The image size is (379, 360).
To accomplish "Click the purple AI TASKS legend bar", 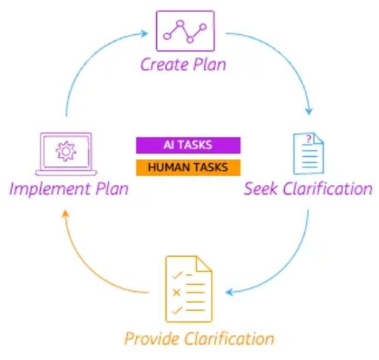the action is click(188, 146).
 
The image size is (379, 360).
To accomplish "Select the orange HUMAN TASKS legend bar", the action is click(188, 167).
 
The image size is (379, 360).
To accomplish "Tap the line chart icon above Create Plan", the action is click(186, 31).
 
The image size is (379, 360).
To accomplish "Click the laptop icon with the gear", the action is click(66, 154).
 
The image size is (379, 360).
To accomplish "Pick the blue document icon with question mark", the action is click(309, 154).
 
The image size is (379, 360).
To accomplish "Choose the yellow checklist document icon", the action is click(189, 289).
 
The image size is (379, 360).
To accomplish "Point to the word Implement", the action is click(50, 189).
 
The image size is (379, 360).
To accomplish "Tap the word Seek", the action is click(261, 189).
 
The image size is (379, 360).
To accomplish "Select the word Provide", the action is click(152, 338).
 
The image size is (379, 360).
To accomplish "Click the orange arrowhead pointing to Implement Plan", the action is click(65, 214).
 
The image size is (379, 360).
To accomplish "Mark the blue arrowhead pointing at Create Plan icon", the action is click(144, 33).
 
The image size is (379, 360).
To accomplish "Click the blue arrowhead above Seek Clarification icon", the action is click(309, 111).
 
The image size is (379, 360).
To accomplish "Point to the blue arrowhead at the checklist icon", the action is click(229, 293).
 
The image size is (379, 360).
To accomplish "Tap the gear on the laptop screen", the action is click(66, 152).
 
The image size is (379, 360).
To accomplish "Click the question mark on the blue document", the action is click(309, 139).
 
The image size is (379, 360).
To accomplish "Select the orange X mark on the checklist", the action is click(176, 293).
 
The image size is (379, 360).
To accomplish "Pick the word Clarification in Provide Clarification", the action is click(229, 338).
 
